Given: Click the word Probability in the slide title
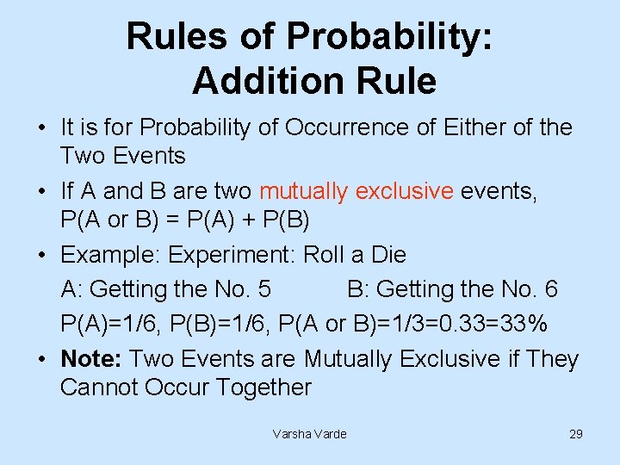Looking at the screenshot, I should (x=389, y=37).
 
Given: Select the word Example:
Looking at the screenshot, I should (x=111, y=255).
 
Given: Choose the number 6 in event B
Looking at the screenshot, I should (x=550, y=289).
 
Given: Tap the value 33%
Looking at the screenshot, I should (x=524, y=324).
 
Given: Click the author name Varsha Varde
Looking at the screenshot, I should (x=309, y=434).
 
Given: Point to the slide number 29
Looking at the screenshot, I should (x=576, y=434).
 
